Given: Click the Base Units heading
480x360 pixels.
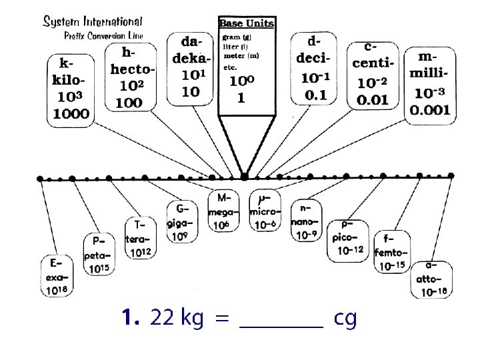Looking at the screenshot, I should [247, 23].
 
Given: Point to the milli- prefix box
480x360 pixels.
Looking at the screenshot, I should [431, 83].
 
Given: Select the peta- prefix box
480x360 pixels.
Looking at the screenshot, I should [99, 254].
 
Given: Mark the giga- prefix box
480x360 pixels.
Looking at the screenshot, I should [182, 222].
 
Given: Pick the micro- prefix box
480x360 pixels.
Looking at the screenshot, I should [265, 211].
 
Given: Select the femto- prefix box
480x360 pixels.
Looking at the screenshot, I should [391, 251].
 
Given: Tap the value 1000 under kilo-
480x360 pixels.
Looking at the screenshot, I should [71, 113].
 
